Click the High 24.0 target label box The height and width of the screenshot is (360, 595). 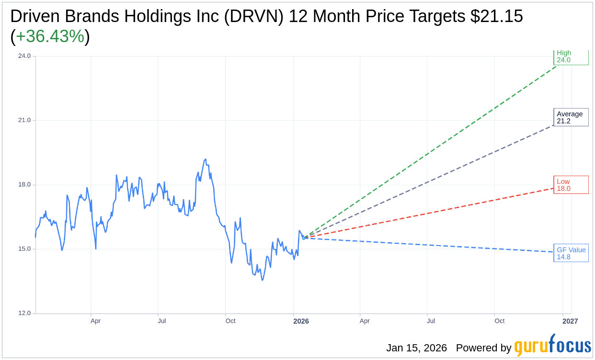coord(571,57)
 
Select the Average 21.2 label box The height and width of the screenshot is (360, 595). coord(571,117)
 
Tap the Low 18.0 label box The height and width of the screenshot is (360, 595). coord(571,185)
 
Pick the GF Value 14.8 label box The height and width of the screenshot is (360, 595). coord(571,253)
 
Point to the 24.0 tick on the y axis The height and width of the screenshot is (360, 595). coord(24,56)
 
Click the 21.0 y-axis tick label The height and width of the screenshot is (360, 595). coord(24,120)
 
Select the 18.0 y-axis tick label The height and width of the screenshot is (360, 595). coord(24,185)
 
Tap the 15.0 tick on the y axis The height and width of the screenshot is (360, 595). coord(24,249)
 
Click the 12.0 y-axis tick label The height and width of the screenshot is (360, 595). coord(24,313)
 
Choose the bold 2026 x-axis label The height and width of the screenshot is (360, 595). coord(301,321)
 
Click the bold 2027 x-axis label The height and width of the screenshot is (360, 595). coord(570,321)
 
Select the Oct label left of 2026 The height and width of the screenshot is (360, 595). coord(230,321)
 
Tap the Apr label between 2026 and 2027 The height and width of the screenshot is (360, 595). coord(365,321)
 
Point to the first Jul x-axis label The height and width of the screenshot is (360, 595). coord(162,321)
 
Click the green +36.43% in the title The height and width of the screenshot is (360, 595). coord(50,36)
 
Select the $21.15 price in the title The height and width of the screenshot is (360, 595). coord(496,16)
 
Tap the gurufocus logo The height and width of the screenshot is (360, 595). coord(552,346)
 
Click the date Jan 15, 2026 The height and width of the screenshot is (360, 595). coord(416,348)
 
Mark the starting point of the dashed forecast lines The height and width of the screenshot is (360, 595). coord(304,237)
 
